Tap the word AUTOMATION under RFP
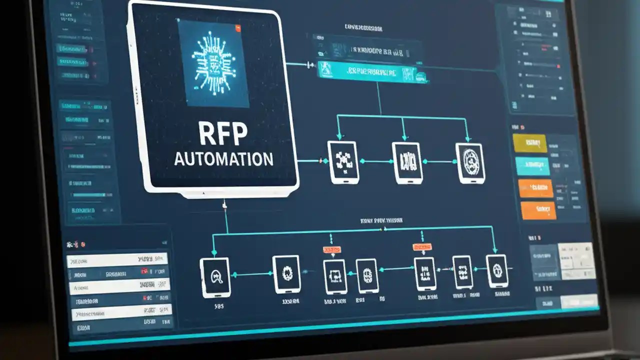pos(223,159)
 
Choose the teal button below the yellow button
pos(532,166)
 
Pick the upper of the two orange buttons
pos(535,188)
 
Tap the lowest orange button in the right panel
pos(538,210)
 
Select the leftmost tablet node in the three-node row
pos(342,161)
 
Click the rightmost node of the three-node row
pos(470,163)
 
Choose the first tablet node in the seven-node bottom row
pos(214,275)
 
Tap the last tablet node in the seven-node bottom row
pos(497,271)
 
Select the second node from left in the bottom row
pos(286,273)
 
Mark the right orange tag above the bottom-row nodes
pos(422,247)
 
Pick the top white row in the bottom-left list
pos(117,260)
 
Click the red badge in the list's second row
pos(144,272)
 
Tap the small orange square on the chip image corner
pos(238,28)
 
